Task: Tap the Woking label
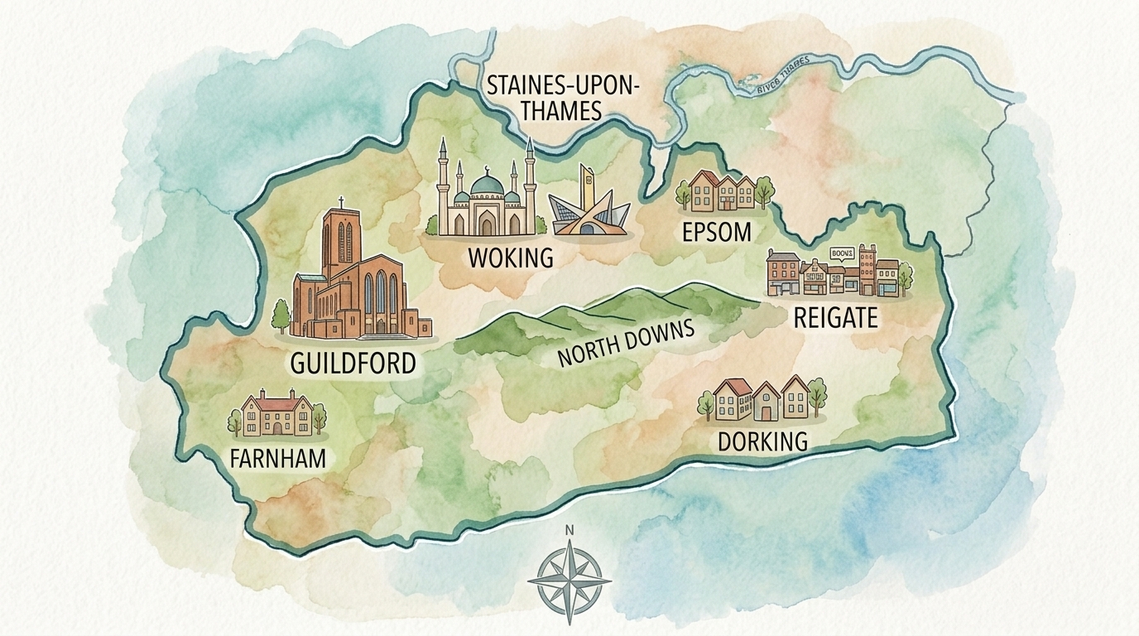click(510, 257)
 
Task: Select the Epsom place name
click(717, 232)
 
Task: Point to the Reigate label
click(834, 318)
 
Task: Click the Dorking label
click(762, 441)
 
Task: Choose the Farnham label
click(279, 458)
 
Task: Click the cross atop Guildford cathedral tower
click(340, 201)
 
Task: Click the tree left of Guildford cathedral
click(281, 316)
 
